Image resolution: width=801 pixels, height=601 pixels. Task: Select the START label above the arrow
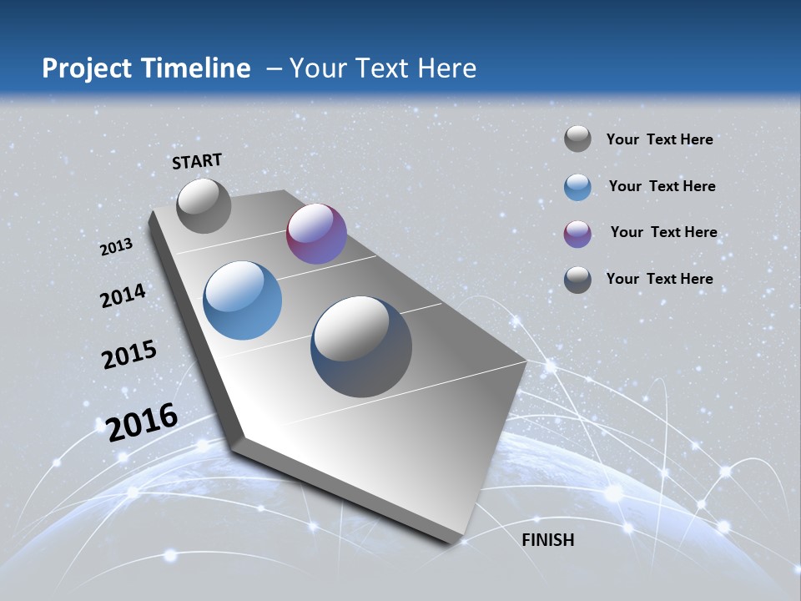tap(197, 161)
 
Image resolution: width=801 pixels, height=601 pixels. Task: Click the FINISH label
tap(548, 540)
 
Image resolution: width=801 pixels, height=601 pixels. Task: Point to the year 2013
tap(117, 247)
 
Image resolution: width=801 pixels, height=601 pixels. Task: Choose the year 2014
tap(123, 296)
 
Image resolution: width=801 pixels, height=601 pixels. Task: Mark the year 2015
tap(129, 355)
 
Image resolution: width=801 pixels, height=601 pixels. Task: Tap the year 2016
tap(142, 422)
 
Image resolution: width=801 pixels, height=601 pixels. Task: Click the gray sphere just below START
tap(204, 205)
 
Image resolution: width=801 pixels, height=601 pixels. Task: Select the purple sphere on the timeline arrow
tap(316, 234)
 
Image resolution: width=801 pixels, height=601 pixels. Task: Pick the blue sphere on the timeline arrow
tap(242, 300)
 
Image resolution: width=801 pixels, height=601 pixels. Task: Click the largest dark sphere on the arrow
tap(361, 346)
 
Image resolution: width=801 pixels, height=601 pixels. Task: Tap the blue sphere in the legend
tap(577, 187)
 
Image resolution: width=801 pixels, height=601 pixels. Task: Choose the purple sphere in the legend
tap(577, 234)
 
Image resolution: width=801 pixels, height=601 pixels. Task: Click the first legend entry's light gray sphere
tap(577, 139)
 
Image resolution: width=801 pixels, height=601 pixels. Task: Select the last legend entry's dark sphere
tap(577, 280)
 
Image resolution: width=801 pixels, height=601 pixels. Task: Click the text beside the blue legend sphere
tap(662, 186)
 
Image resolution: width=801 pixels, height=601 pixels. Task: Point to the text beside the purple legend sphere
tap(663, 232)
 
